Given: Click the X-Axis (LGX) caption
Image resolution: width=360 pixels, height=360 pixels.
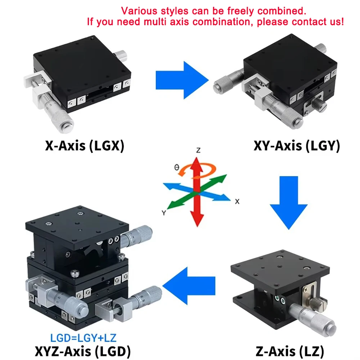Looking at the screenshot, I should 84,146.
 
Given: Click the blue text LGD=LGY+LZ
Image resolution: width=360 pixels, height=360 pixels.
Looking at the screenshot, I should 83,337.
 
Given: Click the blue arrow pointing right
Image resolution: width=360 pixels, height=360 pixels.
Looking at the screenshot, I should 182,80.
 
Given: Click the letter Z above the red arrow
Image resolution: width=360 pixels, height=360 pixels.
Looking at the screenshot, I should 198,150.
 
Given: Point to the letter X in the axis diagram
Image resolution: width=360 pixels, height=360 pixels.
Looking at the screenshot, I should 237,202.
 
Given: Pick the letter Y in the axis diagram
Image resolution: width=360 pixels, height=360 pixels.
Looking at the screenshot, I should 164,213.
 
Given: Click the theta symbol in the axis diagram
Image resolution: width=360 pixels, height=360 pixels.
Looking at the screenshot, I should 176,167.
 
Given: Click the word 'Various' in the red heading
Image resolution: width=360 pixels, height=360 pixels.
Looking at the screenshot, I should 135,10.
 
